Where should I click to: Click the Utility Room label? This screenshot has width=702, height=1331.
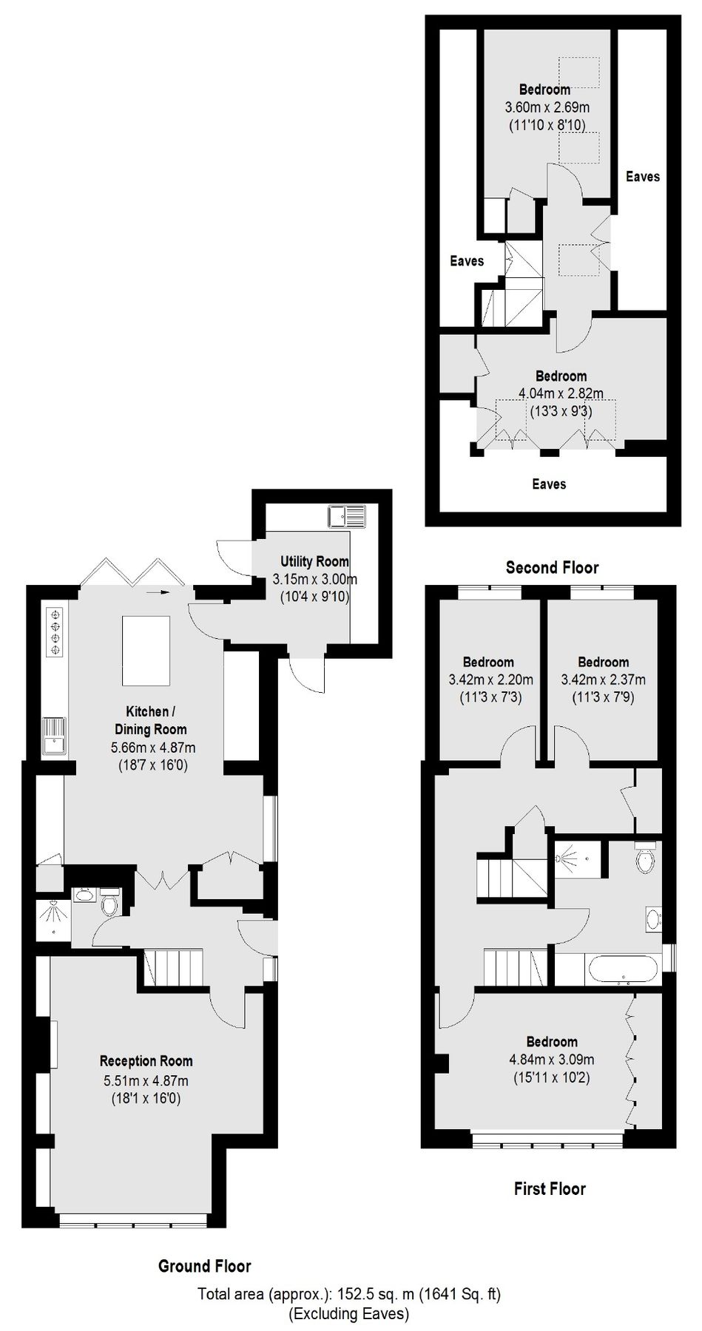(x=314, y=561)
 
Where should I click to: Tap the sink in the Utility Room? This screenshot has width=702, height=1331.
(x=346, y=515)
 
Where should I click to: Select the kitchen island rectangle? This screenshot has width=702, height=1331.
(x=146, y=651)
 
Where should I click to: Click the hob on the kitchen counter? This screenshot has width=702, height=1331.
(x=55, y=631)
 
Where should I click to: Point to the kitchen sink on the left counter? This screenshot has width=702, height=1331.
(x=55, y=736)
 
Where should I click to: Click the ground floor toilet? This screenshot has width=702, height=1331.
(x=109, y=904)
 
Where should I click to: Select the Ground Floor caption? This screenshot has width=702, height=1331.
(x=204, y=1266)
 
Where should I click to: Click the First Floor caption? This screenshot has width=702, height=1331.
(x=550, y=1188)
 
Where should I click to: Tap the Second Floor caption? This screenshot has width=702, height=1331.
(x=552, y=567)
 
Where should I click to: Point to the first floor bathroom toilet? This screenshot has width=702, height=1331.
(x=646, y=858)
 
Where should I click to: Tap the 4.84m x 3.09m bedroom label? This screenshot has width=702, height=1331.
(x=552, y=1059)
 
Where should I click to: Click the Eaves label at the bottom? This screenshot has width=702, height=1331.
(x=549, y=484)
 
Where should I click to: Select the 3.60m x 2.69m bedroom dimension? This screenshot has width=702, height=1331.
(x=542, y=108)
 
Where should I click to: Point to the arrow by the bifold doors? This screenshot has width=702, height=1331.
(x=158, y=592)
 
